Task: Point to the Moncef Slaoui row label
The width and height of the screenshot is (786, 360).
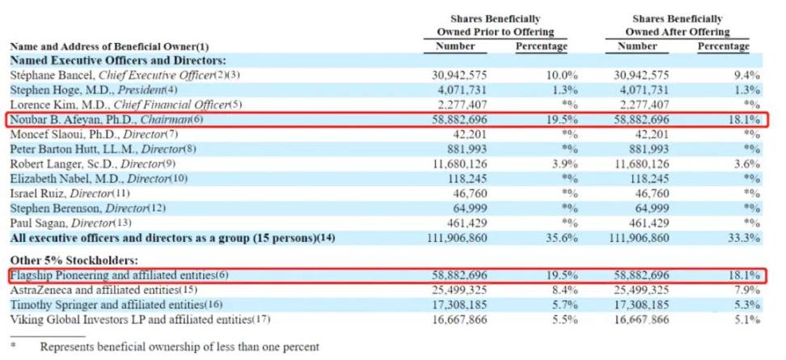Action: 101,133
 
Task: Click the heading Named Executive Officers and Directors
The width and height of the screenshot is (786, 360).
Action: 118,61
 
